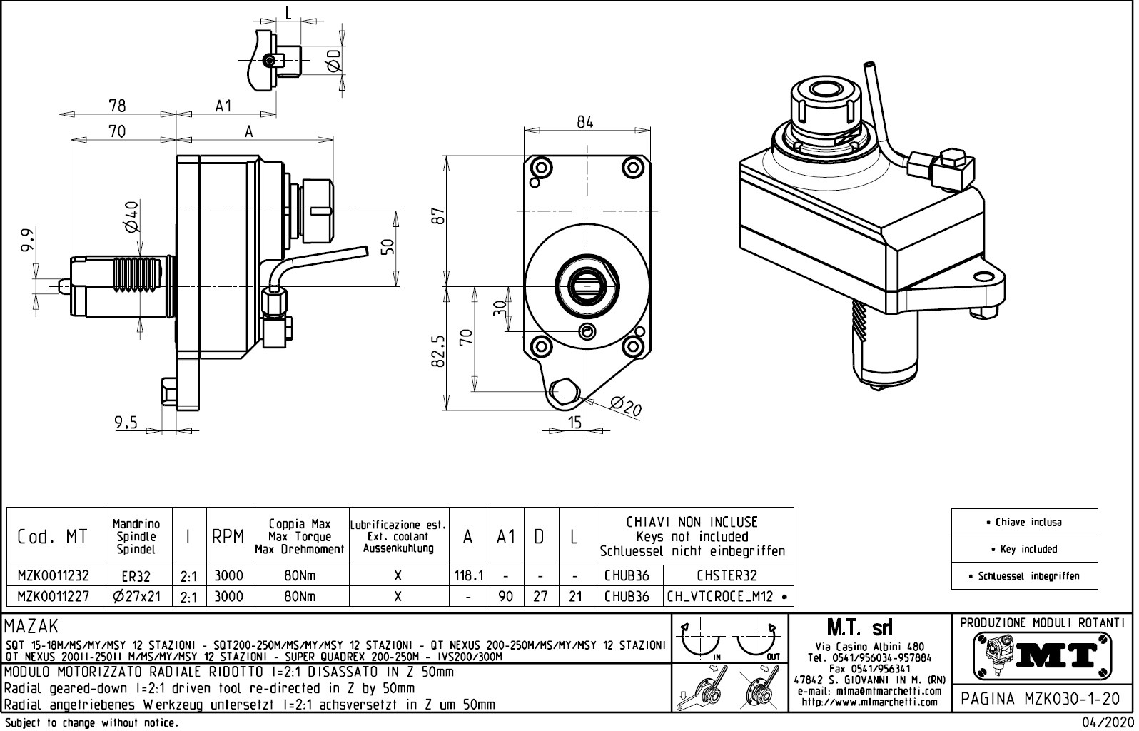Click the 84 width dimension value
pyautogui.click(x=585, y=122)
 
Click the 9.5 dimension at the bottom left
pyautogui.click(x=126, y=423)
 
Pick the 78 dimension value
pyautogui.click(x=117, y=106)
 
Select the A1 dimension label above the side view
pyautogui.click(x=223, y=106)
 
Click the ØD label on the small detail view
pyautogui.click(x=333, y=61)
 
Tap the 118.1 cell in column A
pyautogui.click(x=469, y=575)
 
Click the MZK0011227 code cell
pyautogui.click(x=54, y=596)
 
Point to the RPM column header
pyautogui.click(x=228, y=537)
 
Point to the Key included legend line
pyautogui.click(x=1024, y=549)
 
